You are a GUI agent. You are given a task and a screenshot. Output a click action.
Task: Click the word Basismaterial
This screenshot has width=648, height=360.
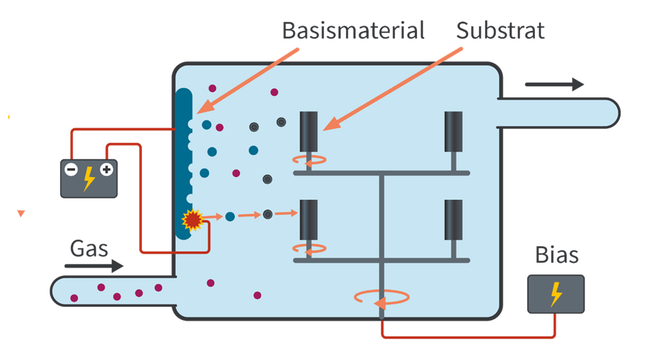click(x=353, y=30)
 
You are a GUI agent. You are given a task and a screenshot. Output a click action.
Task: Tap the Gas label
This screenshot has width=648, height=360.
click(x=89, y=248)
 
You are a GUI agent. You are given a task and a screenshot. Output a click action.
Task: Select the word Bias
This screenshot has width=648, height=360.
click(x=557, y=256)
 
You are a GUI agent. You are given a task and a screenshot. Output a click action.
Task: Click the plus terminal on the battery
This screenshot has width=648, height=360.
click(x=106, y=169)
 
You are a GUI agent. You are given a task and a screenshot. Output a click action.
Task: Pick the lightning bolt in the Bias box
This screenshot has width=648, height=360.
click(x=556, y=294)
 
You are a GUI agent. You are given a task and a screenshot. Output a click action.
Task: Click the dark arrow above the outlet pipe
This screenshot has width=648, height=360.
click(x=554, y=85)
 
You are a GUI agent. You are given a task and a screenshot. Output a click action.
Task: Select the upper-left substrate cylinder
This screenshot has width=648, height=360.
click(x=308, y=131)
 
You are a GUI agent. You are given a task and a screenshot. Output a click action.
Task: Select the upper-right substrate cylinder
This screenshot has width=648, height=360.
click(x=453, y=131)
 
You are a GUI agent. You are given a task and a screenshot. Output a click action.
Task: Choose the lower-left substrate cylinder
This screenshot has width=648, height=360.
click(x=308, y=219)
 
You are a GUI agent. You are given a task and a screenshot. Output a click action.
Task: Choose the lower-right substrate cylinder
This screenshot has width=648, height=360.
click(x=453, y=219)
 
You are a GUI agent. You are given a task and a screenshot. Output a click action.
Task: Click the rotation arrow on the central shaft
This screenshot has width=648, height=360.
click(x=381, y=297)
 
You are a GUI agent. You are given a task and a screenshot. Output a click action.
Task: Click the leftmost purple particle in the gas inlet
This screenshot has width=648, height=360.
click(x=74, y=298)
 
